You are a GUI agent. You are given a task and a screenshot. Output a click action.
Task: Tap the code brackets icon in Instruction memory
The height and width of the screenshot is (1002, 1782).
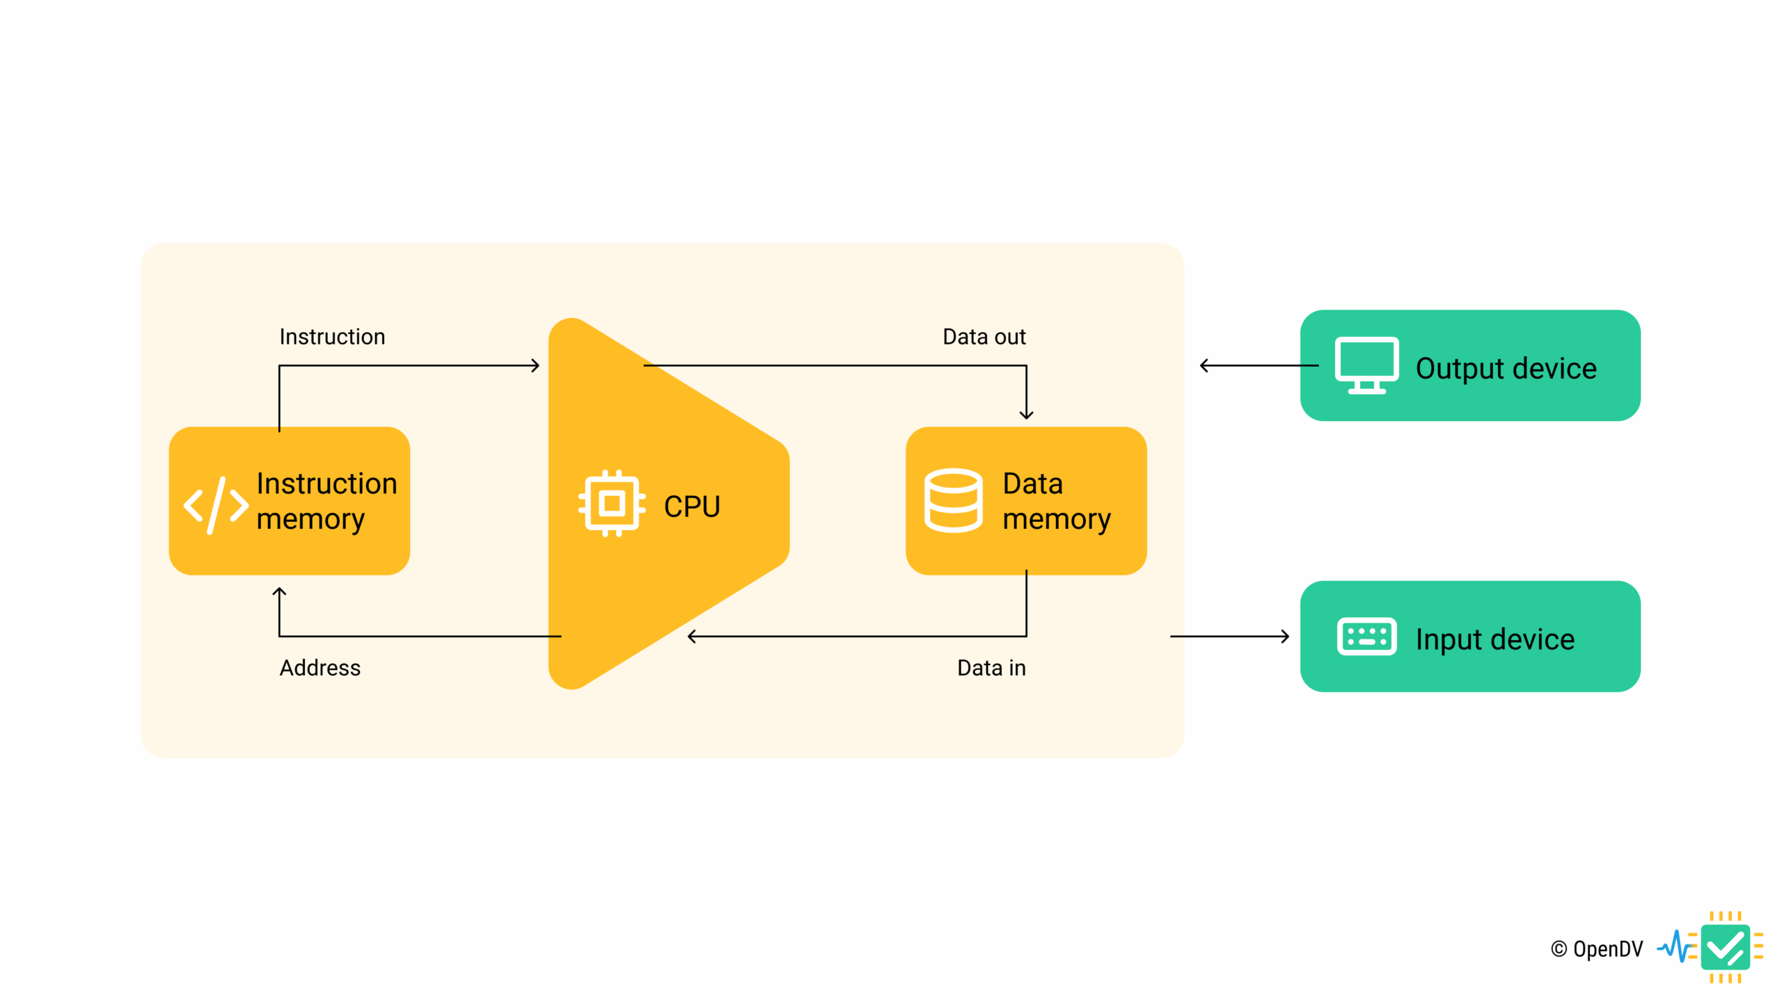click(x=216, y=505)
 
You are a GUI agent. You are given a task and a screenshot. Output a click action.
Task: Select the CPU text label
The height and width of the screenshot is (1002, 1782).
click(x=691, y=507)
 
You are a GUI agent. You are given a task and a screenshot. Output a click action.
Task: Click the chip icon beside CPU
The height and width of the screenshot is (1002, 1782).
click(x=611, y=502)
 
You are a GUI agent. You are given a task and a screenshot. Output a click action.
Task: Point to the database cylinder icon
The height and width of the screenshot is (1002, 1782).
click(x=953, y=500)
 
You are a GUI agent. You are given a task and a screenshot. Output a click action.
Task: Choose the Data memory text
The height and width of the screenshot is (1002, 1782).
click(x=1056, y=501)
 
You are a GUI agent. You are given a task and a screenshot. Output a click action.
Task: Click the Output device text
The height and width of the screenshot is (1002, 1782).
click(x=1506, y=368)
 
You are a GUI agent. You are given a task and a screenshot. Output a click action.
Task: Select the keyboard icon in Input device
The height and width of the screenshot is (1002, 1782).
click(x=1366, y=636)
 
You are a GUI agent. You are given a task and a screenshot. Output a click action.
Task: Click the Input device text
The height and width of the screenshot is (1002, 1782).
click(x=1495, y=639)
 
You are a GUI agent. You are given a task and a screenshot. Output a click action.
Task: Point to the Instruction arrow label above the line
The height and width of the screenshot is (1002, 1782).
click(x=332, y=337)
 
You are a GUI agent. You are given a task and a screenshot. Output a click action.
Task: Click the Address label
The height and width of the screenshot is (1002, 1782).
click(x=320, y=668)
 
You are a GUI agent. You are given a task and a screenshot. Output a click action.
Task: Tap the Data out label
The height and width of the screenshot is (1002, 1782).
click(x=984, y=337)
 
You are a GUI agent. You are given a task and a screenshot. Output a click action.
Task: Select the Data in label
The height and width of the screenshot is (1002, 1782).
click(x=991, y=668)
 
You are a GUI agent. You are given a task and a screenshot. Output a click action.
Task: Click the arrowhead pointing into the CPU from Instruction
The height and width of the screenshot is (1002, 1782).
click(x=535, y=365)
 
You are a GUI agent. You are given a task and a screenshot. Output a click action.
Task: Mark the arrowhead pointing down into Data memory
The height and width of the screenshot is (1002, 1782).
click(x=1026, y=415)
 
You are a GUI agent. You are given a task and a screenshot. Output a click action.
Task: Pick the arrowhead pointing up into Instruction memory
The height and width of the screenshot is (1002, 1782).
click(x=279, y=592)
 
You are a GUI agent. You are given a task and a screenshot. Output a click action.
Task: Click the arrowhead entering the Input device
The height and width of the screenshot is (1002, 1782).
click(x=1284, y=636)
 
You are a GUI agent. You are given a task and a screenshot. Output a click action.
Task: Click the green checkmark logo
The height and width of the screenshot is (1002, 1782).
click(x=1725, y=948)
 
